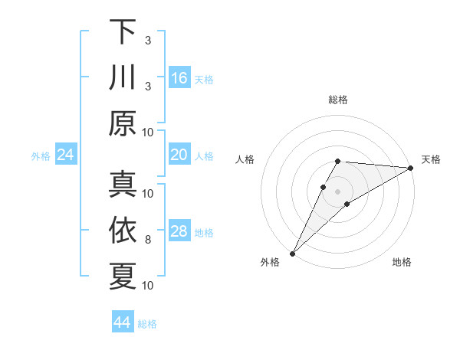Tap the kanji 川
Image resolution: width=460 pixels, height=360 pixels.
pos(123,77)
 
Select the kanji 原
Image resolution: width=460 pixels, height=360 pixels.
pos(123,123)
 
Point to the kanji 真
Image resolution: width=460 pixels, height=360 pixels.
pos(123,185)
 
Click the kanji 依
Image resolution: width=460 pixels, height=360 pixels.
pos(123,231)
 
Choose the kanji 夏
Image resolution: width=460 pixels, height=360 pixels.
pos(123,276)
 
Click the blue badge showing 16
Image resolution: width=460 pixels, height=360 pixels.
pos(179,78)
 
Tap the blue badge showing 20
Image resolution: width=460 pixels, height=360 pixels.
pos(179,155)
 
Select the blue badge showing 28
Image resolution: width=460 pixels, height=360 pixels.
pos(179,231)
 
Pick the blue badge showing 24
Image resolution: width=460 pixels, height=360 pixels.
pos(66,155)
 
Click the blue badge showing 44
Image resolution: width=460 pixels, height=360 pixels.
pos(123,323)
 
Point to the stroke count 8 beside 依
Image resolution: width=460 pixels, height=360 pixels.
pos(148,240)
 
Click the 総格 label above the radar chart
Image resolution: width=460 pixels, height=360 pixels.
pos(338,100)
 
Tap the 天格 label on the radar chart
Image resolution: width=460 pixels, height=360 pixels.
pos(431,159)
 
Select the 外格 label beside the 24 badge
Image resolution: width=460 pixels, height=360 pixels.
pos(41,156)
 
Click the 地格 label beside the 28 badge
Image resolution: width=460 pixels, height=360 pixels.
pos(205,232)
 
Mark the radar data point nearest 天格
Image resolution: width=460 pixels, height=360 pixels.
pos(411,168)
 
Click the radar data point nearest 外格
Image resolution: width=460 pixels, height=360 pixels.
pos(292,253)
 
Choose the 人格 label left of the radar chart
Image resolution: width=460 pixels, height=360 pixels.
pos(245,159)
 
